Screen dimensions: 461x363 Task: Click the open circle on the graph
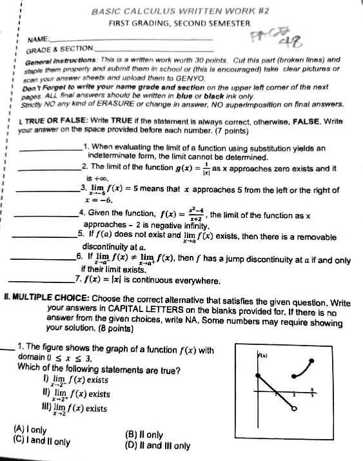(295, 409)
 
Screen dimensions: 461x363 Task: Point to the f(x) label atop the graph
(263, 355)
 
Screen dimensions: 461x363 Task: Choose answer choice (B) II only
(145, 434)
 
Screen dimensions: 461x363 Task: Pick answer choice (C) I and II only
(41, 442)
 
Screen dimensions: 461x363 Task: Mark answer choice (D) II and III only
(159, 444)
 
